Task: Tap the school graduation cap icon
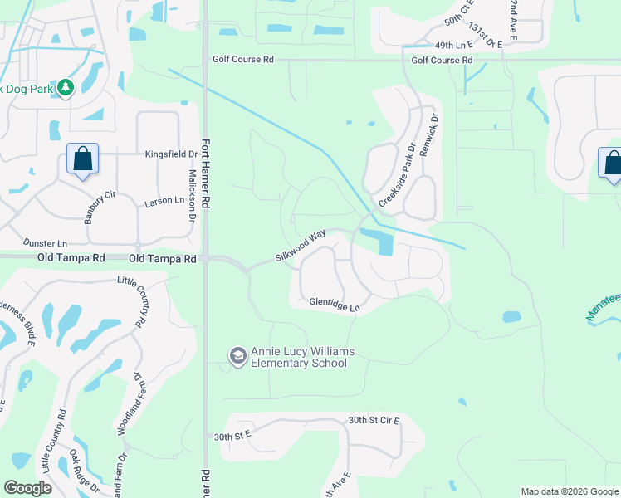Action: click(237, 356)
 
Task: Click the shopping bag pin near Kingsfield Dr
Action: click(83, 159)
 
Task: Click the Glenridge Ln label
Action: click(335, 305)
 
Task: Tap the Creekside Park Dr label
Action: click(397, 176)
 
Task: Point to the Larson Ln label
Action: click(164, 201)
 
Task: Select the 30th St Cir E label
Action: click(374, 421)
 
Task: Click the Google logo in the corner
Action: click(28, 488)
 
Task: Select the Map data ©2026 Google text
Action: click(569, 491)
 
